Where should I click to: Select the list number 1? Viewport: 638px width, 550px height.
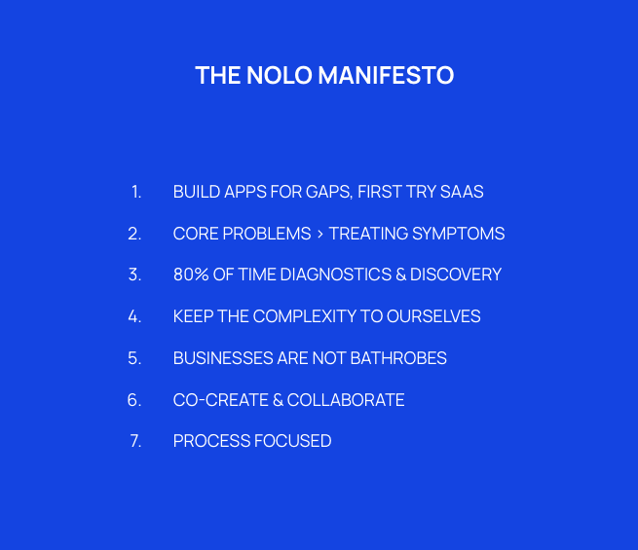136,192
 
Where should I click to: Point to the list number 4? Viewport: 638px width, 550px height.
134,316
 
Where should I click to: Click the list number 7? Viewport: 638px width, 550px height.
135,441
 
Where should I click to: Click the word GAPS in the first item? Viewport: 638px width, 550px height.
326,192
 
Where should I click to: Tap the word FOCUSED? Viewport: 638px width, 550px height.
292,441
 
